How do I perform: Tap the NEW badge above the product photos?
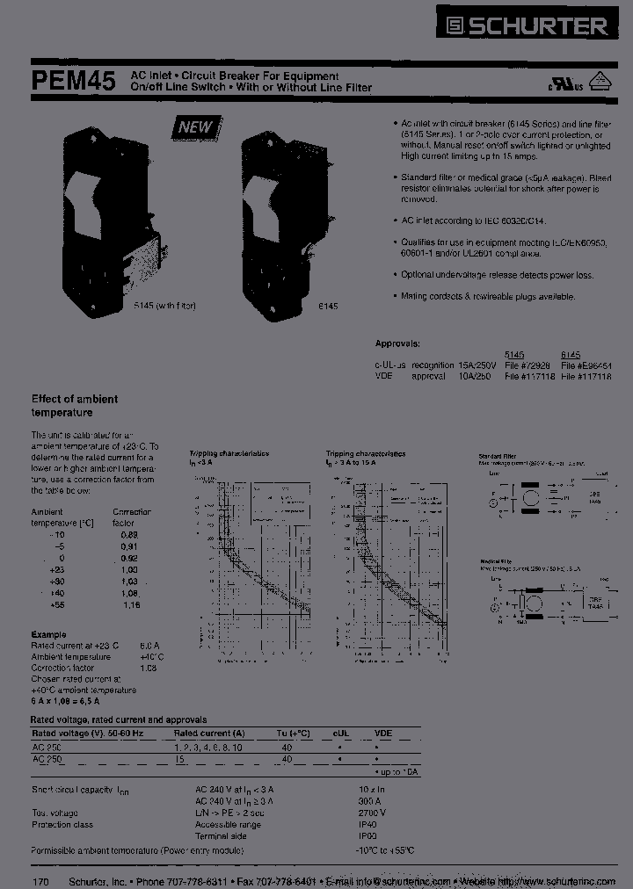point(195,127)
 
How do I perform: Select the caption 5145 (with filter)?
point(164,306)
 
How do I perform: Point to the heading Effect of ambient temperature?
point(75,405)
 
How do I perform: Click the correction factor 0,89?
point(130,534)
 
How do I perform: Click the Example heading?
point(48,633)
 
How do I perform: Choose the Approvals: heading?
point(397,343)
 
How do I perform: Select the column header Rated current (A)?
point(209,733)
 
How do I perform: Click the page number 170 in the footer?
point(40,880)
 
